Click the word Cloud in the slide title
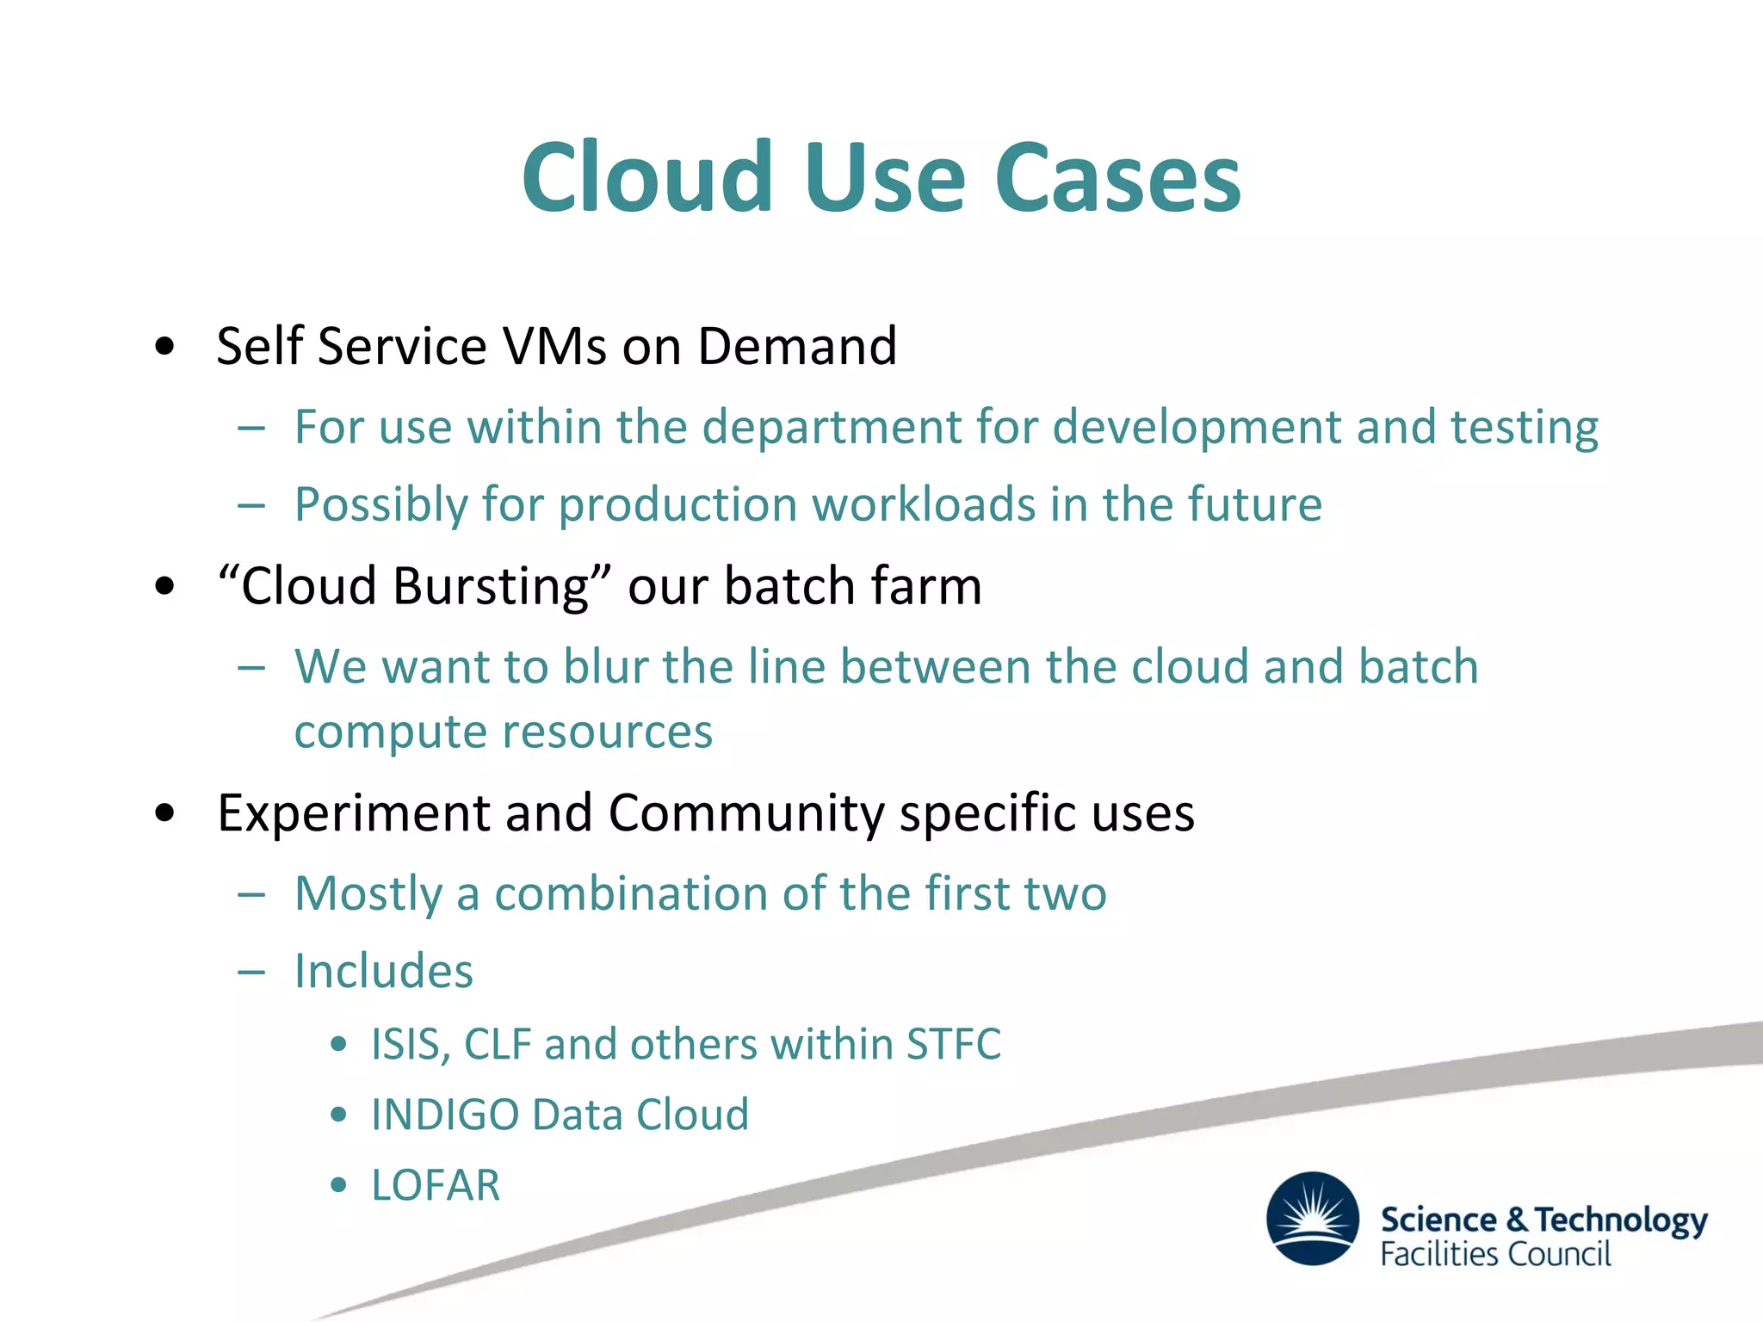coord(647,178)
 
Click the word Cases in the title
coord(1117,178)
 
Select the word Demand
coord(797,346)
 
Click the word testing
coord(1524,427)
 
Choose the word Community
coord(745,813)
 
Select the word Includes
coord(384,972)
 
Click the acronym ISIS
coord(407,1044)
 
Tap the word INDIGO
coord(445,1115)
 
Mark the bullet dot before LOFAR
coord(339,1185)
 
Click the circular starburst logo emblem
coord(1313,1218)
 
